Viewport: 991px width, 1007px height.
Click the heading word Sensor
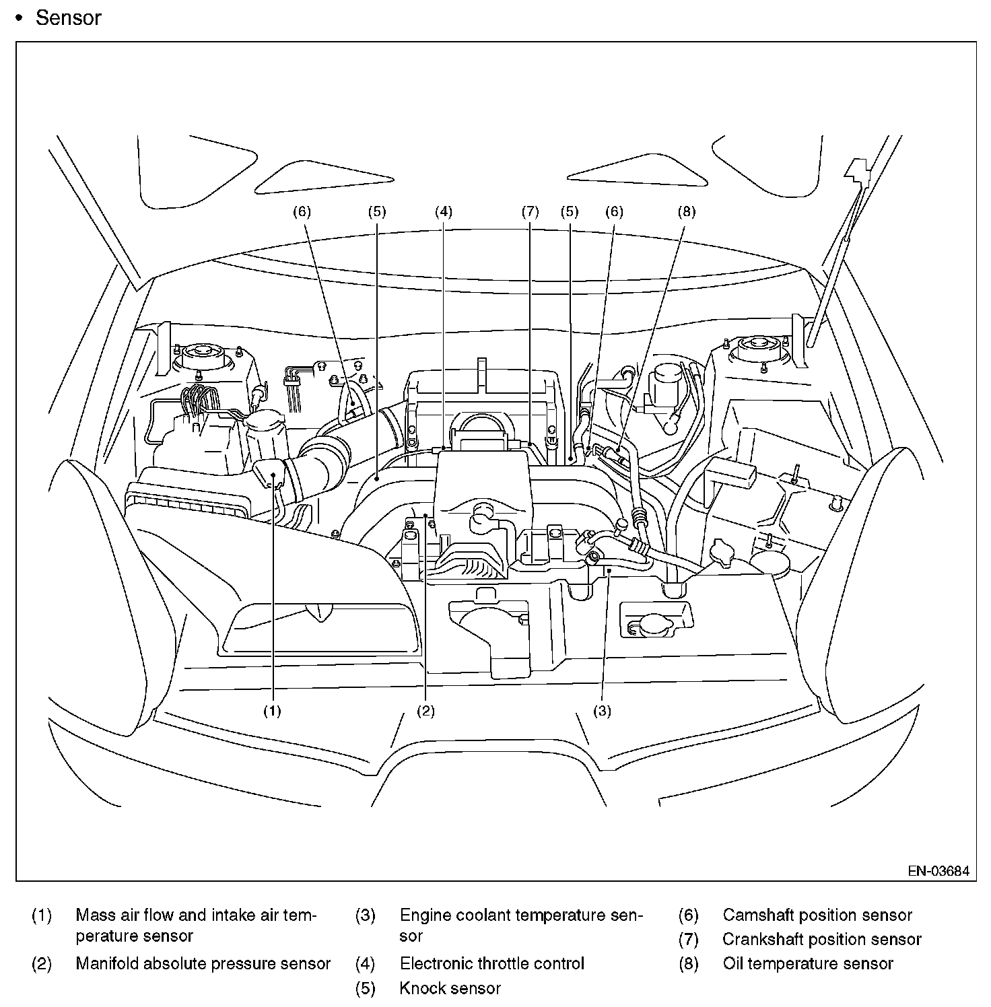point(68,18)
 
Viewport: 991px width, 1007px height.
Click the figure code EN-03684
point(938,870)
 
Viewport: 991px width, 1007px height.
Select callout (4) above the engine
point(443,211)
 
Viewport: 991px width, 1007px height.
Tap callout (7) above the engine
point(530,211)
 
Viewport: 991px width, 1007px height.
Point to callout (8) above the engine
point(685,211)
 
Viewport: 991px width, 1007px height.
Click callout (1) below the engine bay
point(272,710)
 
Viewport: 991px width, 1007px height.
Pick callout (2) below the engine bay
point(425,710)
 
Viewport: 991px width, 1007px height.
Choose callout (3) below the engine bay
point(602,710)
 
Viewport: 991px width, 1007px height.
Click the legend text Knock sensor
point(450,988)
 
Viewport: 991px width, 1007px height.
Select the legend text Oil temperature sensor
point(808,963)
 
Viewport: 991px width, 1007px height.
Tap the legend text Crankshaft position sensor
point(821,939)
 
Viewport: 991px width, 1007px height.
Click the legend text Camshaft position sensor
point(817,915)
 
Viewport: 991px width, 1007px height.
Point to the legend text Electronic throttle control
point(491,963)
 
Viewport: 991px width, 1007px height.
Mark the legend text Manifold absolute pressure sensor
point(203,963)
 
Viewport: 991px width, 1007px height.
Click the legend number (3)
point(365,915)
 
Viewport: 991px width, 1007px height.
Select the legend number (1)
point(42,915)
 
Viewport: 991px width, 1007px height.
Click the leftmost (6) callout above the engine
point(302,211)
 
